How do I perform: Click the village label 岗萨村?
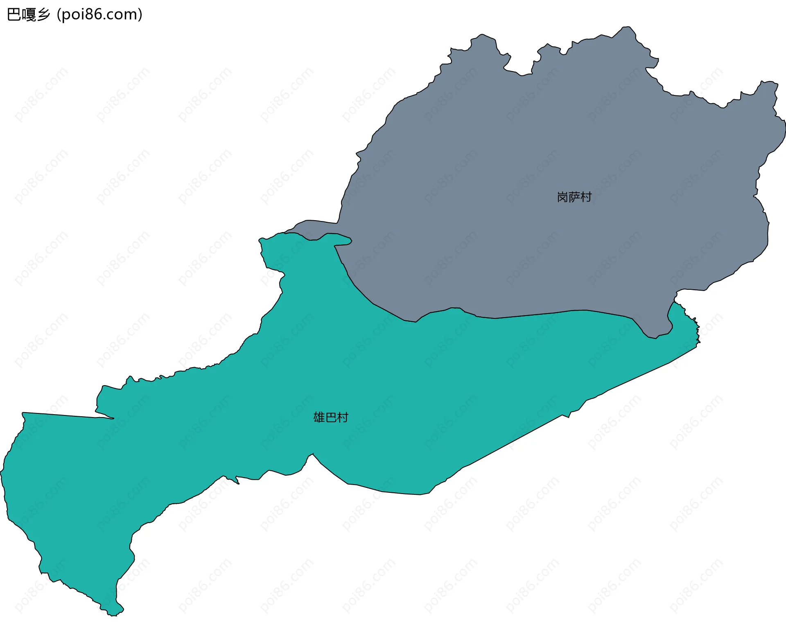click(574, 197)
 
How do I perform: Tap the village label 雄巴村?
click(330, 417)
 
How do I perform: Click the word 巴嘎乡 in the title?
click(29, 15)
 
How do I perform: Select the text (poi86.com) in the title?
click(99, 15)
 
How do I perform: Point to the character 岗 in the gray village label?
click(562, 197)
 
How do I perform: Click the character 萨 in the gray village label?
click(574, 197)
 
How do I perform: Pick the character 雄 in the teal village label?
click(319, 417)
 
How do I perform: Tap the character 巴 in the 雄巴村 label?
click(331, 417)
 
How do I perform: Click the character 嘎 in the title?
click(29, 15)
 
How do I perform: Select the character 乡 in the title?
click(43, 15)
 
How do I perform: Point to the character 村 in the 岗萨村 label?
click(586, 197)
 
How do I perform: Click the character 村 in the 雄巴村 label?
click(342, 417)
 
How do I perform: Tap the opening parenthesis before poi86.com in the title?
click(59, 15)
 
